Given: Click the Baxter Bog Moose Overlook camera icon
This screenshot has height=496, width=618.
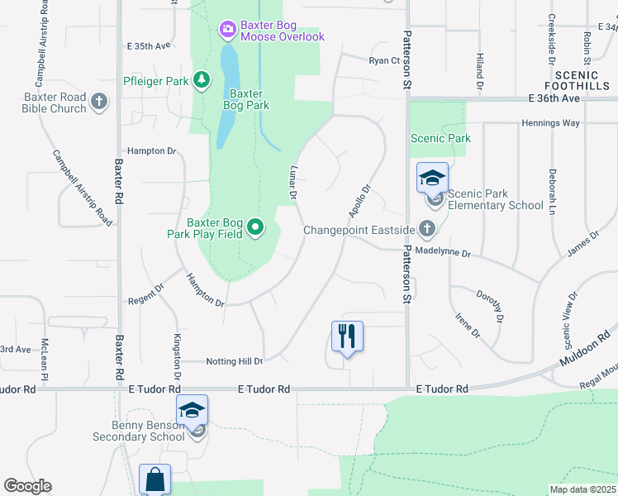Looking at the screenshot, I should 226,30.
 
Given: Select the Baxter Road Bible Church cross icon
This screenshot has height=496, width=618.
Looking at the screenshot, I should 99,102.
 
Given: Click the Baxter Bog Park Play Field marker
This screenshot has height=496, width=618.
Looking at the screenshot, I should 256,227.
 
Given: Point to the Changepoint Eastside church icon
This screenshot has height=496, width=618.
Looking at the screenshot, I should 427,227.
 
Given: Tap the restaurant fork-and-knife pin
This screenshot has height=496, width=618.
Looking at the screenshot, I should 347,336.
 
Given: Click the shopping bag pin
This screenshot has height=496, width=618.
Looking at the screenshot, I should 154,479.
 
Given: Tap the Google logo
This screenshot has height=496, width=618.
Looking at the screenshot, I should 27,486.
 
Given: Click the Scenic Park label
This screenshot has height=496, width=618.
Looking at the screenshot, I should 440,139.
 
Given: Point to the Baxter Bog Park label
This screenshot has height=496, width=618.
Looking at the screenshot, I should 246,99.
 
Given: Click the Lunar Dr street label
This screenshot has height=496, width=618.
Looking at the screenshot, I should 292,182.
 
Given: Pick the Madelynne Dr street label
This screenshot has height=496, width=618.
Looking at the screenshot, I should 443,253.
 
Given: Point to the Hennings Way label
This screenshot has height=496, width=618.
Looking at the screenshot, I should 550,123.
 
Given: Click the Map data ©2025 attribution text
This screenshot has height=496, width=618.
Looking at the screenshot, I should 582,489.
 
